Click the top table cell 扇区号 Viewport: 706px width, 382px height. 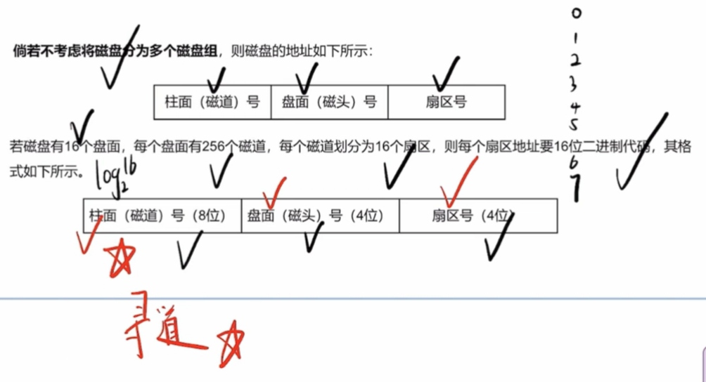[x=446, y=103]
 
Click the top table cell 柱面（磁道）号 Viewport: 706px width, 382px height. [x=212, y=103]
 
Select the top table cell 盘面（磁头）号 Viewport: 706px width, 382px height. [x=329, y=103]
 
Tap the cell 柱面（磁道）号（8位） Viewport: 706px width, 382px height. [x=162, y=216]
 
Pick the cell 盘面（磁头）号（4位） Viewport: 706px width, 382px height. [x=320, y=216]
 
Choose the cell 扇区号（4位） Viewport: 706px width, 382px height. [x=478, y=216]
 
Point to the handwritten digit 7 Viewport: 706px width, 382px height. [x=576, y=188]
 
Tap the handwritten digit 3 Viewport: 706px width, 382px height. [x=575, y=84]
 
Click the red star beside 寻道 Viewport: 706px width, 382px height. [x=231, y=343]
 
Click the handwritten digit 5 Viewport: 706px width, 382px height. [x=574, y=126]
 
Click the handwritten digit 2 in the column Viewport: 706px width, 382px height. [x=575, y=60]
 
